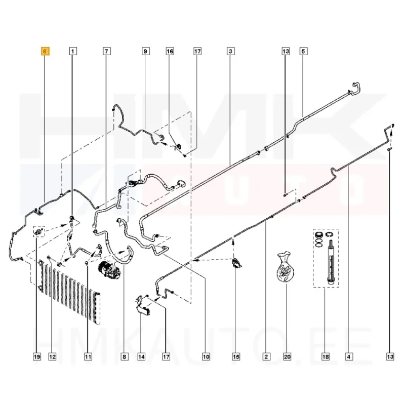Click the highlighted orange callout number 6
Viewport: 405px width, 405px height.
(45, 52)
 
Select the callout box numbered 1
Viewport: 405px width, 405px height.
(72, 52)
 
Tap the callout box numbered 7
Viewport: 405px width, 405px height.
(106, 52)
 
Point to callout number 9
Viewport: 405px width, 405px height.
(145, 52)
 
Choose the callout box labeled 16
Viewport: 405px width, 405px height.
(170, 52)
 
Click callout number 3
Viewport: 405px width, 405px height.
(230, 52)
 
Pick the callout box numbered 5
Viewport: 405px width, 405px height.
(303, 52)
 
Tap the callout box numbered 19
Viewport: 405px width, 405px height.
(37, 357)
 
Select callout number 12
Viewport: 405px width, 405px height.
(52, 357)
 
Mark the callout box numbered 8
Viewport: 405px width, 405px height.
(124, 357)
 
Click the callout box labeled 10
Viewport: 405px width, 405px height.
(206, 357)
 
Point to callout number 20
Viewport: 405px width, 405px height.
(287, 357)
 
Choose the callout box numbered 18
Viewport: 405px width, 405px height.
(326, 357)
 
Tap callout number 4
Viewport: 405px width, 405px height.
(349, 357)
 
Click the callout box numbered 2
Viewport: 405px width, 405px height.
(266, 357)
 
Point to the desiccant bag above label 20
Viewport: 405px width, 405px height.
(286, 266)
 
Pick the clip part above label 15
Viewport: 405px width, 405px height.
(237, 263)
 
